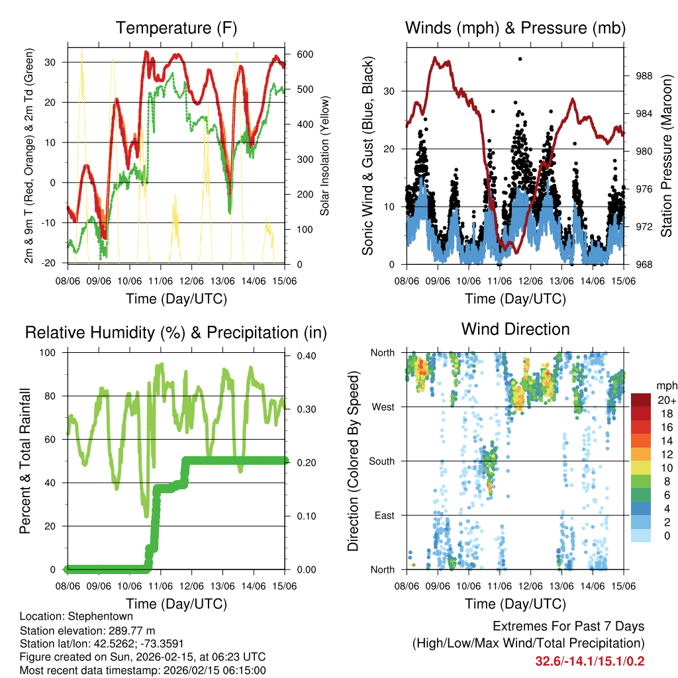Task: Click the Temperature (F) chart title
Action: pos(176,28)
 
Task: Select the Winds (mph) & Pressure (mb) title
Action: pos(515,28)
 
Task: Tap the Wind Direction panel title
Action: pos(515,329)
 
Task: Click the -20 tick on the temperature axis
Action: pos(56,263)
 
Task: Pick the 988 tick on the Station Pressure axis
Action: pos(640,76)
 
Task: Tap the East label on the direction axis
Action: pos(384,515)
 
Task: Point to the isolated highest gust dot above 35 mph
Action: pos(520,59)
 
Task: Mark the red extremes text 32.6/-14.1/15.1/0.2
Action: pos(590,661)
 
